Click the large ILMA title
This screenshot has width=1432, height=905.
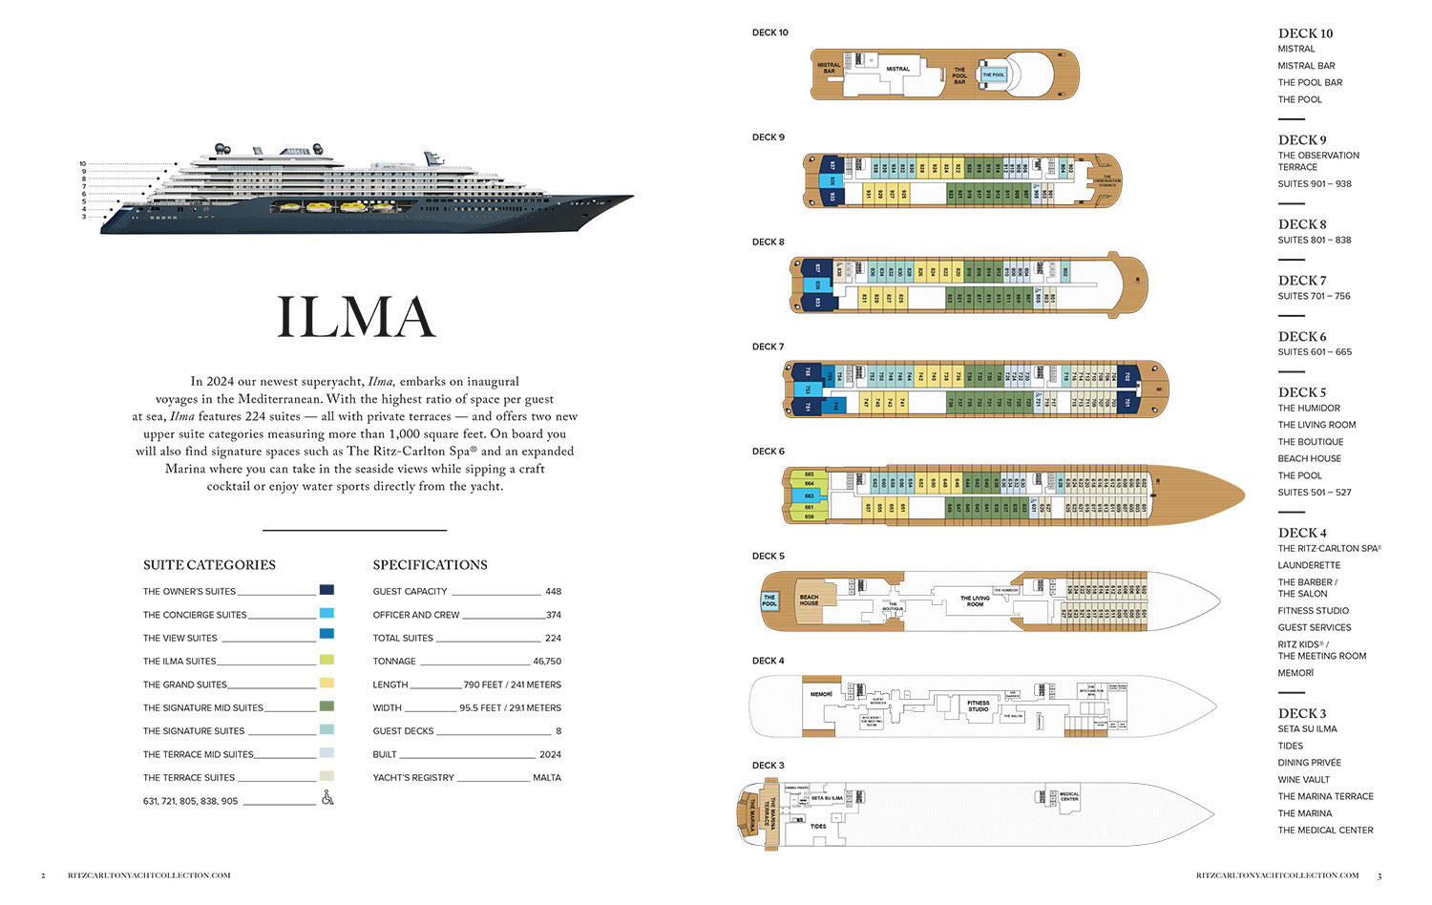click(x=355, y=318)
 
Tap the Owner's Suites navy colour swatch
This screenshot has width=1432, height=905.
click(x=326, y=590)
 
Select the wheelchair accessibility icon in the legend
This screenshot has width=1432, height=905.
click(x=327, y=798)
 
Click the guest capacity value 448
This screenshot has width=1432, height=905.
click(x=553, y=592)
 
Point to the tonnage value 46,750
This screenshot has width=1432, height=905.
click(x=546, y=662)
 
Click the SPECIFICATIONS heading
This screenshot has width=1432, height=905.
click(x=430, y=565)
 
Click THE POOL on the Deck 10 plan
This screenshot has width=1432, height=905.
click(x=993, y=74)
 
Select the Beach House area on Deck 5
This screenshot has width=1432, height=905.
click(x=809, y=600)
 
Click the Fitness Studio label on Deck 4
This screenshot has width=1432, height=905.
click(x=978, y=706)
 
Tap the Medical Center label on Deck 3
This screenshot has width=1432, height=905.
click(x=1069, y=796)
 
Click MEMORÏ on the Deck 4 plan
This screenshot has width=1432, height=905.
click(x=821, y=694)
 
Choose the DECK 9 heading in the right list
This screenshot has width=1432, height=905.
click(x=1302, y=139)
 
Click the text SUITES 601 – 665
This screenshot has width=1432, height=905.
click(x=1315, y=352)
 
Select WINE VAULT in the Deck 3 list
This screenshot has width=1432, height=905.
click(x=1303, y=780)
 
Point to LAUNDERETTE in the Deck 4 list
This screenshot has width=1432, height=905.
click(x=1309, y=565)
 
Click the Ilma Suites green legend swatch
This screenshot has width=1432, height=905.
click(x=326, y=660)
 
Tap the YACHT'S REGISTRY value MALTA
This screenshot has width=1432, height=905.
click(x=547, y=778)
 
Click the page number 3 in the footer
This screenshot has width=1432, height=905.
click(x=1379, y=875)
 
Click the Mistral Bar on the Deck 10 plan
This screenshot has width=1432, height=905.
click(x=829, y=68)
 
